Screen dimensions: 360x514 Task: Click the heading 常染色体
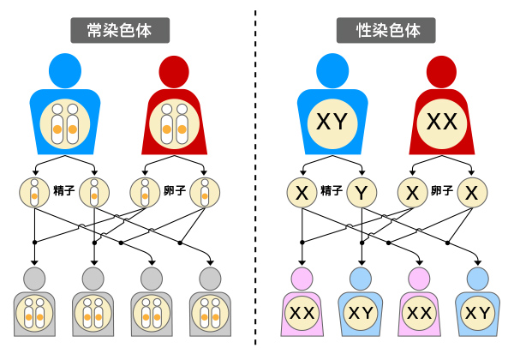(x=120, y=30)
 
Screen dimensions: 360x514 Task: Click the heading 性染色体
(x=389, y=30)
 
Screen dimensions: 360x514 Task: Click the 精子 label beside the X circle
(x=332, y=191)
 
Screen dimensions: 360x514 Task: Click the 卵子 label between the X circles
(x=441, y=191)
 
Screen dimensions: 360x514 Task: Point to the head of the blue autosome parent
(x=64, y=70)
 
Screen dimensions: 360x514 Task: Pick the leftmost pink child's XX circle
(x=301, y=314)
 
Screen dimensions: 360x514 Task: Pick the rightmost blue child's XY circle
(x=478, y=314)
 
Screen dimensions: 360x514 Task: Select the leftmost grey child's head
(x=34, y=279)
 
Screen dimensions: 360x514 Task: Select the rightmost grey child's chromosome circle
(x=211, y=314)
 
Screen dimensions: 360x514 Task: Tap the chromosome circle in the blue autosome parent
(x=64, y=123)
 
